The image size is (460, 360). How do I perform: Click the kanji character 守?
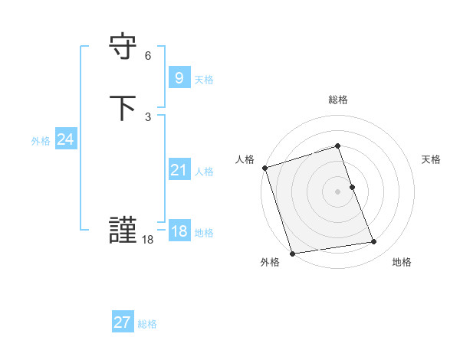coord(123,47)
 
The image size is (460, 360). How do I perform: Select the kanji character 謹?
coord(123,231)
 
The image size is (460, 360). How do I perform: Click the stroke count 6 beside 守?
coord(148,56)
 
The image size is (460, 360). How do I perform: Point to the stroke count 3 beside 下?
coord(148,117)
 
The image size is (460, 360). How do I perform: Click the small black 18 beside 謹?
coord(148,240)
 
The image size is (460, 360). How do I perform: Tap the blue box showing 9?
coord(179,78)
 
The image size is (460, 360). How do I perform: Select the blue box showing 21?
coord(179,170)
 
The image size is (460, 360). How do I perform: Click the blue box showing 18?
coord(179,231)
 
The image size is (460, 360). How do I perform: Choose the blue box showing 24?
coord(65,139)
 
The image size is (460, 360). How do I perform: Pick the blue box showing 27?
coord(122,322)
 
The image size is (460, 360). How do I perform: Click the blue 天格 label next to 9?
coord(204,79)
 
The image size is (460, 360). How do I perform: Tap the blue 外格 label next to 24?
coord(41,141)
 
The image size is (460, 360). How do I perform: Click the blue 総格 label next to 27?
coord(147,324)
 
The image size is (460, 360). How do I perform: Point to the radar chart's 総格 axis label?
coord(338,100)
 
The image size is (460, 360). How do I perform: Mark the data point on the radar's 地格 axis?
coord(374,242)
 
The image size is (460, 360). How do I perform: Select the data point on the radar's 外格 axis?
coord(292,253)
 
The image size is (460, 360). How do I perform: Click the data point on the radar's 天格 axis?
coord(352,187)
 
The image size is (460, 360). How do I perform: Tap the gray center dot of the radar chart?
coord(338,191)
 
